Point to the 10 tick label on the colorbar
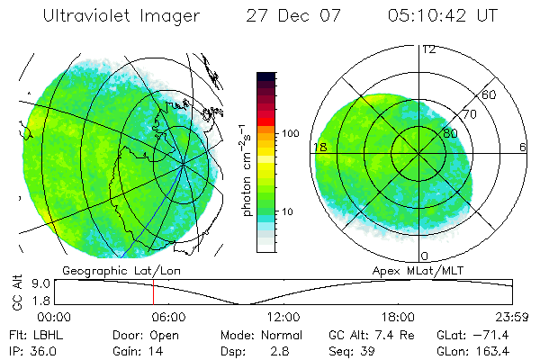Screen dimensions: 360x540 (290, 212)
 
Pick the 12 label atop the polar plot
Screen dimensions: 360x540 (428, 49)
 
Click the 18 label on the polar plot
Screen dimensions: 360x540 (319, 147)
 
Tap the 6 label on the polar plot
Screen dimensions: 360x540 (523, 147)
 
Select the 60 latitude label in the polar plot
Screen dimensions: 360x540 (490, 94)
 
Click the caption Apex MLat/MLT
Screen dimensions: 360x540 (410, 270)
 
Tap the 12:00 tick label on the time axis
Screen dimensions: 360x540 (283, 317)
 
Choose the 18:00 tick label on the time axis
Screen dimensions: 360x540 (398, 317)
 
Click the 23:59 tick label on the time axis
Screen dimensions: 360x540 (510, 317)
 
